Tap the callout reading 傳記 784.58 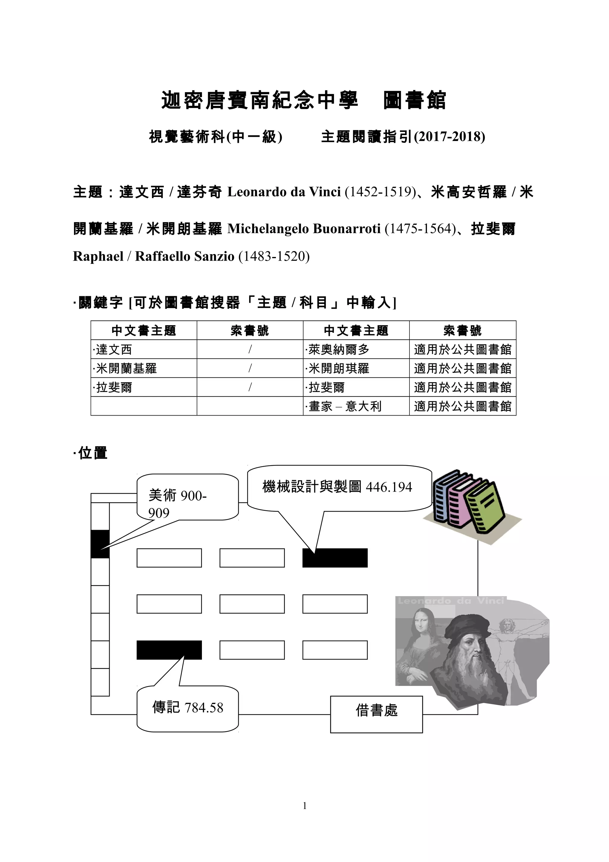click(x=188, y=708)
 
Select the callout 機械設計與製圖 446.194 click(x=338, y=487)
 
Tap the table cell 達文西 click(x=114, y=349)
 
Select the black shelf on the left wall click(x=100, y=544)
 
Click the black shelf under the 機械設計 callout click(x=335, y=558)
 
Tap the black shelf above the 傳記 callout click(x=169, y=650)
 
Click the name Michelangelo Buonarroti click(x=304, y=229)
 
